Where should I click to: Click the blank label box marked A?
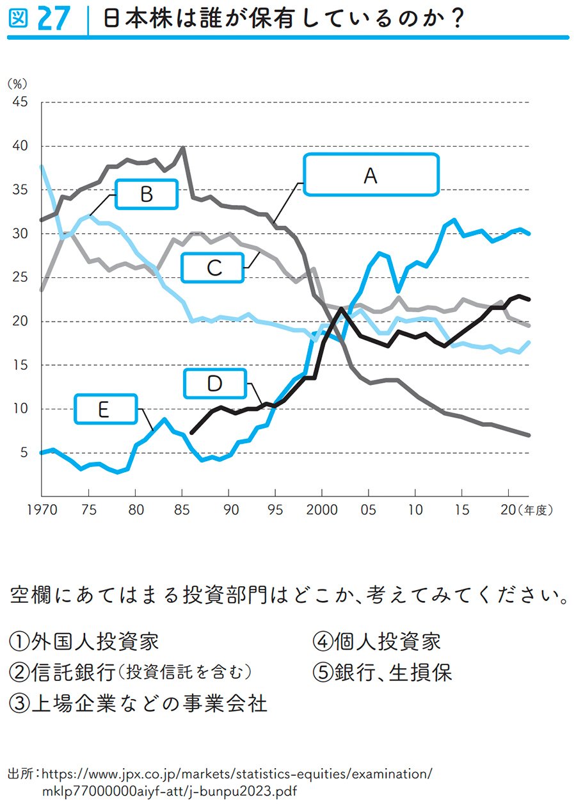coord(371,174)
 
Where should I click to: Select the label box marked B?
coord(146,194)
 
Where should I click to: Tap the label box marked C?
coord(214,267)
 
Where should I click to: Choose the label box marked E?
coord(105,409)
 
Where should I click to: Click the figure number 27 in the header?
coord(53,19)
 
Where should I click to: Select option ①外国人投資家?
coord(84,641)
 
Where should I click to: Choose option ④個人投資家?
coord(377,641)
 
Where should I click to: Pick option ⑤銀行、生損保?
coord(382,672)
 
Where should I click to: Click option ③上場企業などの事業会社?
coord(138,703)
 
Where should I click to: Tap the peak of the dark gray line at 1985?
coord(183,148)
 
